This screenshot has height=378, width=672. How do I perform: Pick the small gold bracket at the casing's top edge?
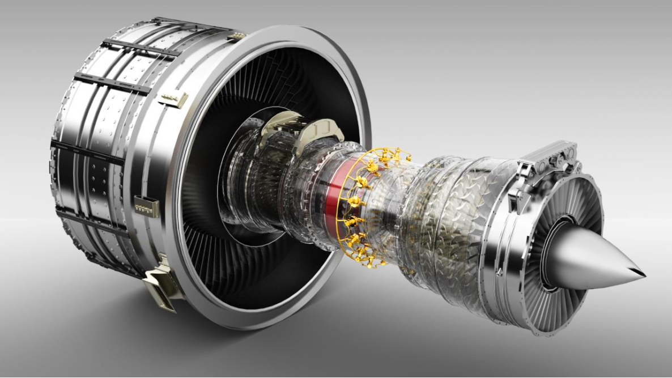coord(236,36)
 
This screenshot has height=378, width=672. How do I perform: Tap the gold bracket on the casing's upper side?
coord(173,100)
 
